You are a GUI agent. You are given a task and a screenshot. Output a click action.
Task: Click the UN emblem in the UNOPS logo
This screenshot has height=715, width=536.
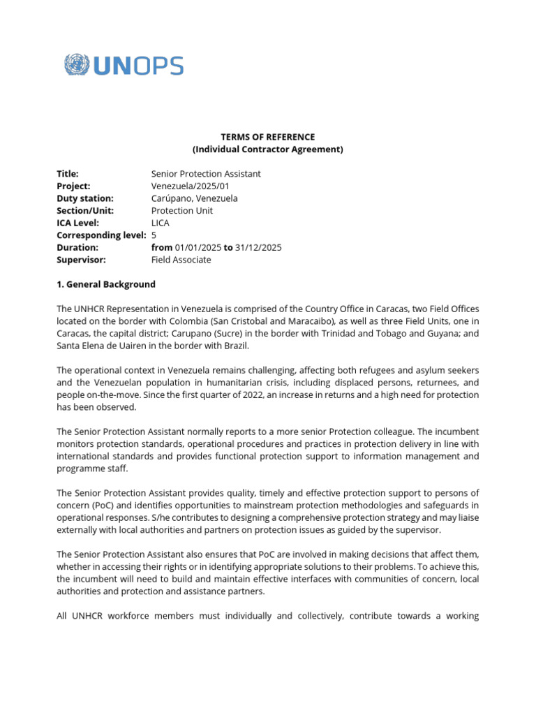tap(77, 66)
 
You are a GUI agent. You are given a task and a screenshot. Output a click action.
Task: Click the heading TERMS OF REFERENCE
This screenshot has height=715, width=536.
tap(268, 137)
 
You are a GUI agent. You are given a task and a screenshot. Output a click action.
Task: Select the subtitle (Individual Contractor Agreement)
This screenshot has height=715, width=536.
tap(268, 149)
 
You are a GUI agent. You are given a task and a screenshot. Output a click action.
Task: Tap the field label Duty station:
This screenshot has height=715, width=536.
tap(84, 198)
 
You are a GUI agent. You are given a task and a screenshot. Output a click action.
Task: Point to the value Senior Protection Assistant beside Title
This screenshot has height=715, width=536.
tap(206, 174)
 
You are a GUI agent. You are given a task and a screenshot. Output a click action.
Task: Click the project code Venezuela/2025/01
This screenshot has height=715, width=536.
tap(190, 186)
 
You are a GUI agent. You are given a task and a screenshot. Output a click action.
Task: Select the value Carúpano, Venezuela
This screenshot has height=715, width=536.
tap(194, 198)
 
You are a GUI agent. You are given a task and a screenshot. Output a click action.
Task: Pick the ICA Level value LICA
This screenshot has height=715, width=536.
tap(161, 223)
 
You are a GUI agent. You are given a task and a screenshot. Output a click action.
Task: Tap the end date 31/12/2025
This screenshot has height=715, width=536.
tap(258, 247)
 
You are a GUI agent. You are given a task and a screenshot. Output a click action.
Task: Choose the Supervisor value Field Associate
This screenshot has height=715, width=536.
tap(181, 260)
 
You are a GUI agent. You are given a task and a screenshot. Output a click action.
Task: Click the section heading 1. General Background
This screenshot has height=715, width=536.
tap(106, 284)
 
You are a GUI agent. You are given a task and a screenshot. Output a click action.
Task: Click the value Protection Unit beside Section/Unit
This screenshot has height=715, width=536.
tap(182, 211)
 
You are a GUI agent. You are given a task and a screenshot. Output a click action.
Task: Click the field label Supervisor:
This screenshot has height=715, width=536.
tap(81, 260)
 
